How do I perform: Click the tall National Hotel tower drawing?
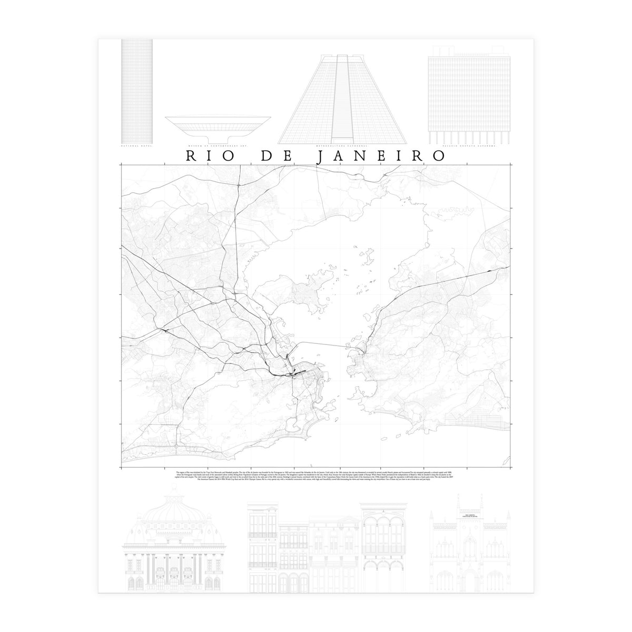click(x=137, y=90)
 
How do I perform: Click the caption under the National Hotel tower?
click(x=136, y=147)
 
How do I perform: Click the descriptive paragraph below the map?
click(x=316, y=476)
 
